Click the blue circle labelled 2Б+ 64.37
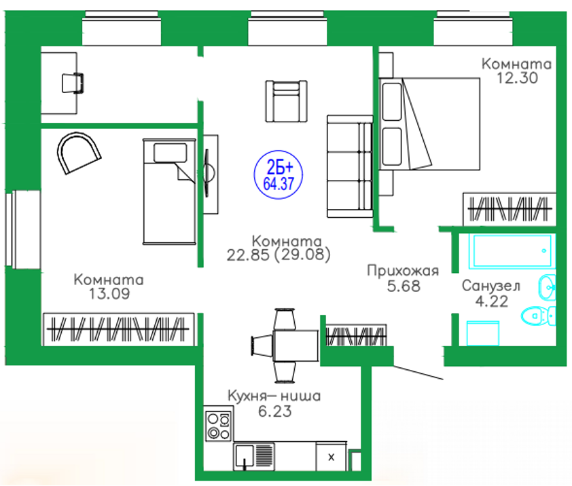[279, 174]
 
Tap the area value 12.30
[517, 78]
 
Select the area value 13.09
[109, 293]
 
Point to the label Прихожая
[403, 272]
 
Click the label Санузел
[491, 286]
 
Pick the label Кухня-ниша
[274, 396]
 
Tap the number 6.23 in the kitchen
[275, 411]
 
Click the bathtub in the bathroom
[512, 252]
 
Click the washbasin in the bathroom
[548, 287]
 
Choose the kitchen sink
[245, 455]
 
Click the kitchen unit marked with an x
[331, 457]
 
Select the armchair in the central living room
[287, 101]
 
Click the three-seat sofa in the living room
[350, 166]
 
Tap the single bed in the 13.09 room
[169, 191]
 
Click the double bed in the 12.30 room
[429, 124]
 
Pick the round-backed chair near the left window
[78, 153]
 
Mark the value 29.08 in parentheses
[302, 255]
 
